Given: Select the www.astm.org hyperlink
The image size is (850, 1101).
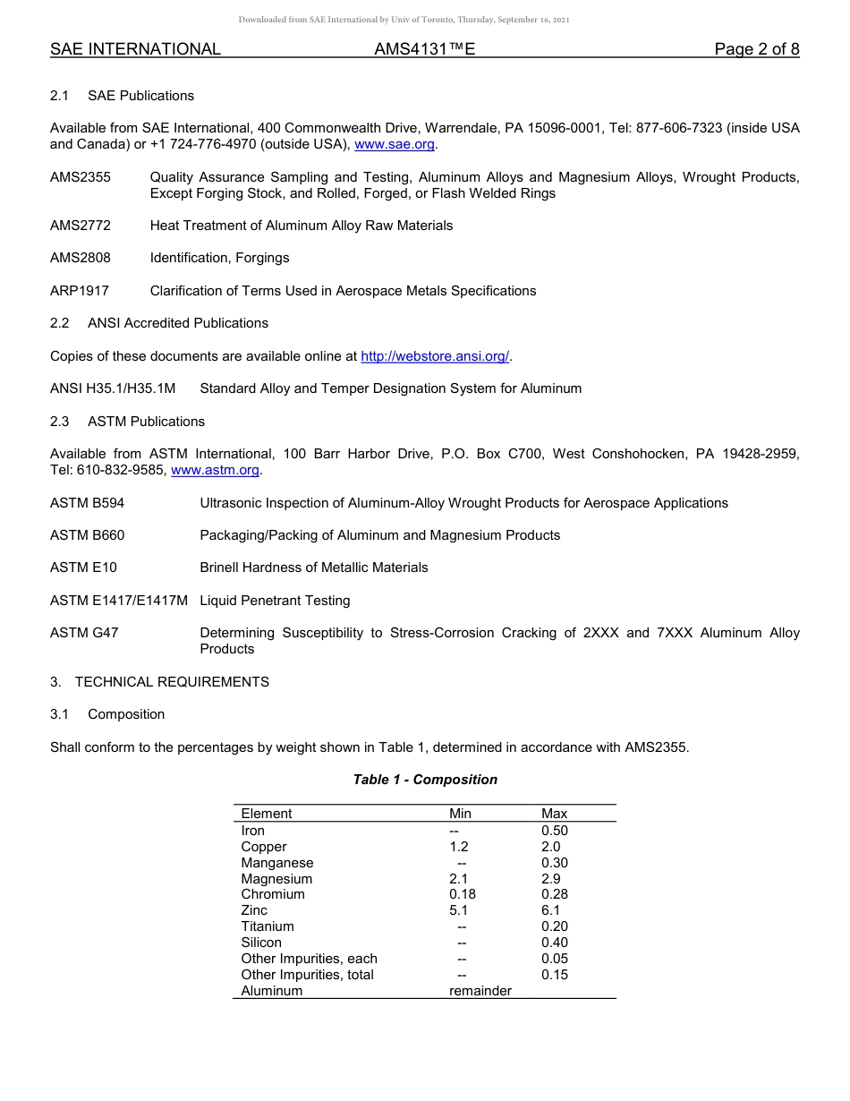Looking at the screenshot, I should pyautogui.click(x=215, y=470).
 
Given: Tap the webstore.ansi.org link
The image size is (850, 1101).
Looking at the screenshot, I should pyautogui.click(x=434, y=356).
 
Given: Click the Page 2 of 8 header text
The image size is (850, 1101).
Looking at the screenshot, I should pyautogui.click(x=756, y=49).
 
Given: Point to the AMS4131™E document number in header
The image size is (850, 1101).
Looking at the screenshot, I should pyautogui.click(x=424, y=49).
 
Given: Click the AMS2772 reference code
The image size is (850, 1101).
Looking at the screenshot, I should pyautogui.click(x=81, y=226).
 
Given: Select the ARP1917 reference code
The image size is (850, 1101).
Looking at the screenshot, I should pyautogui.click(x=80, y=291).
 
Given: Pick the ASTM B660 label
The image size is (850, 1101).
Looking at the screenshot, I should pyautogui.click(x=88, y=535).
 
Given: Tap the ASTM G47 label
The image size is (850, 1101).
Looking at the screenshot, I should pyautogui.click(x=84, y=633).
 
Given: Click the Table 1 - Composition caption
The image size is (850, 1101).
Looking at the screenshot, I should pyautogui.click(x=425, y=780).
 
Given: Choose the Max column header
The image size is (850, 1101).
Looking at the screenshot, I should pyautogui.click(x=554, y=814).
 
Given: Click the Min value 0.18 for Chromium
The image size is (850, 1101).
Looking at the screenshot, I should pyautogui.click(x=462, y=894).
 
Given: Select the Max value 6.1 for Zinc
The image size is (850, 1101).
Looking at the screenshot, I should pyautogui.click(x=550, y=910).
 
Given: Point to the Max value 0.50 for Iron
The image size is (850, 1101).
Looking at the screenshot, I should pyautogui.click(x=554, y=831).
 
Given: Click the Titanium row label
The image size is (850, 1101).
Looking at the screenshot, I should pyautogui.click(x=267, y=926).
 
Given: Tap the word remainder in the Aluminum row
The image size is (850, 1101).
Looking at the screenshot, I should pyautogui.click(x=480, y=991).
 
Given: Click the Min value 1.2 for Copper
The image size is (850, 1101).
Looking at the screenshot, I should pyautogui.click(x=458, y=847).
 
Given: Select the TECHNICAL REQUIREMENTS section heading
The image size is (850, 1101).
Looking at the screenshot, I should pyautogui.click(x=172, y=682).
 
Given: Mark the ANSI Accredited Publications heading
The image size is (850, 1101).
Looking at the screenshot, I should pyautogui.click(x=177, y=323).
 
